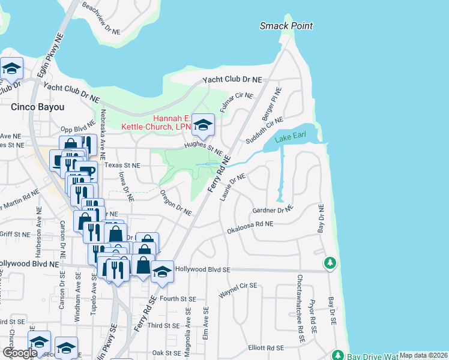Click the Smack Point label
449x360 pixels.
(286, 26)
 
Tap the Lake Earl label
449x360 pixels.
(291, 138)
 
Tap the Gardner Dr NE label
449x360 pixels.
(273, 210)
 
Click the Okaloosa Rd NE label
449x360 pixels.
(250, 227)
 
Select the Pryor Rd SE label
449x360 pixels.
(312, 316)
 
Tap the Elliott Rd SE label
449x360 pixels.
(266, 347)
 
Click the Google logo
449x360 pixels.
(20, 353)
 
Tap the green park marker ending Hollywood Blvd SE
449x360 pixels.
(330, 263)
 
